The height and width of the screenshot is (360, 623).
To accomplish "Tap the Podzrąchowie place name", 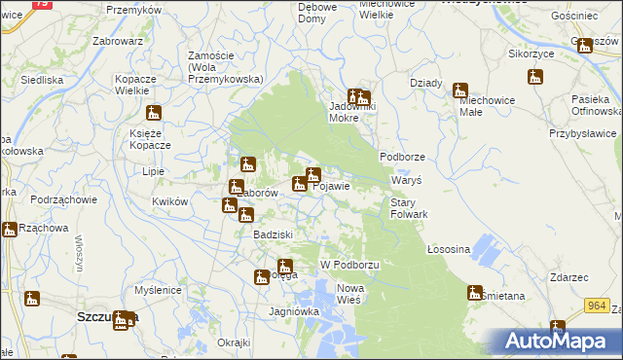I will (62, 199).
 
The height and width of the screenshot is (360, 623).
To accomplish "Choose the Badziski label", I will (273, 235).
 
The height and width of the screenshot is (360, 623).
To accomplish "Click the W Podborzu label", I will (349, 265).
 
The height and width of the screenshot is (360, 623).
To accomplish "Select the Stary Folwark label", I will (409, 208).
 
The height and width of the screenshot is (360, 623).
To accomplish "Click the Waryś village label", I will (405, 182).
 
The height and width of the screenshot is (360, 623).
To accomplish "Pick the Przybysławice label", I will (580, 133).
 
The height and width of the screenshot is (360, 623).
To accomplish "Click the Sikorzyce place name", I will (531, 54).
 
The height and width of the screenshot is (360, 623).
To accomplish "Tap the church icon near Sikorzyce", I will (535, 77).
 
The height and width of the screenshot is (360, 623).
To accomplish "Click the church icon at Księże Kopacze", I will (154, 113).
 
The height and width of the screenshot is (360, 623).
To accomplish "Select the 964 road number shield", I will (598, 306).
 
